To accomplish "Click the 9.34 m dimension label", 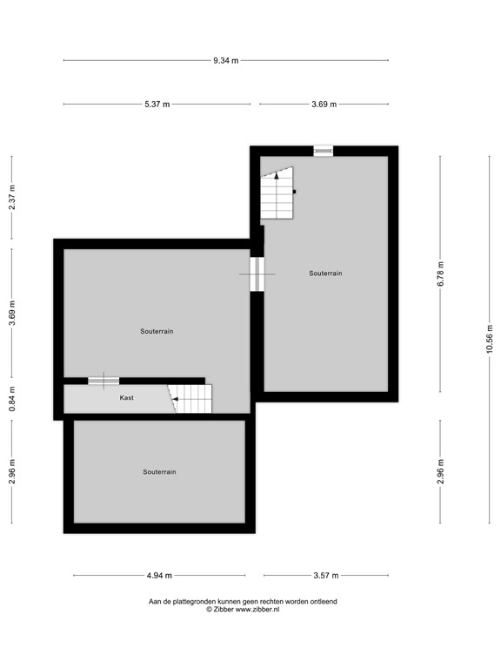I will pyautogui.click(x=225, y=60).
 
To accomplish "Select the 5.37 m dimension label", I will pyautogui.click(x=157, y=105).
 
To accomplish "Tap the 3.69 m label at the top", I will pyautogui.click(x=324, y=105).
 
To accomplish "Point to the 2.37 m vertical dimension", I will pyautogui.click(x=12, y=198).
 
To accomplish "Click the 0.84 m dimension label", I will pyautogui.click(x=12, y=398).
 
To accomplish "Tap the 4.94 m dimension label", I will pyautogui.click(x=159, y=575).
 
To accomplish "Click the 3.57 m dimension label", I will pyautogui.click(x=325, y=575).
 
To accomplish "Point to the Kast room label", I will pyautogui.click(x=127, y=397).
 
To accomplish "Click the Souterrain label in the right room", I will pyautogui.click(x=325, y=273).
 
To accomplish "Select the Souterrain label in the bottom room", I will pyautogui.click(x=159, y=471).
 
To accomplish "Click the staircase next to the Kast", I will pyautogui.click(x=192, y=400).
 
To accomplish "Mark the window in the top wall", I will pyautogui.click(x=324, y=151).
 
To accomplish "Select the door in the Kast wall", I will pyautogui.click(x=104, y=381).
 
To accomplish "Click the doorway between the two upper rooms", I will pyautogui.click(x=257, y=274).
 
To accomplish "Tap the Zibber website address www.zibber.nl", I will pyautogui.click(x=257, y=610).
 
